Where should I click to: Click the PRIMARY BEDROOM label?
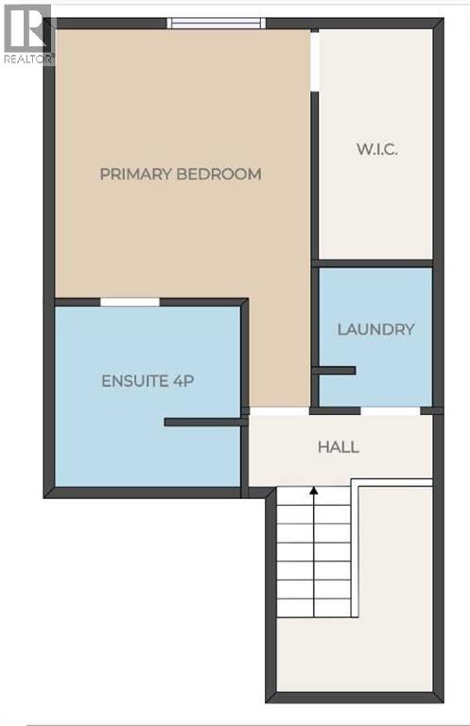(180, 174)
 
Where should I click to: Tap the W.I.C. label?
(374, 150)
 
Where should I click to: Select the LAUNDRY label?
(375, 330)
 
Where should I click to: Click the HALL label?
(339, 447)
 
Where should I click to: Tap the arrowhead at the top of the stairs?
(313, 491)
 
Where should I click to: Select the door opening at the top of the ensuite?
(130, 302)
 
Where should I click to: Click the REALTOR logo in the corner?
(26, 32)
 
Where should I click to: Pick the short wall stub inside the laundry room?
(334, 371)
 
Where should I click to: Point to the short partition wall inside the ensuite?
(204, 422)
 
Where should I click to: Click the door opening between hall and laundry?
(391, 410)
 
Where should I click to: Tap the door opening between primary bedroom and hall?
(279, 411)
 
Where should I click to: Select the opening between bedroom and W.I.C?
(315, 62)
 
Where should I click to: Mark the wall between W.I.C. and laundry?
(373, 263)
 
